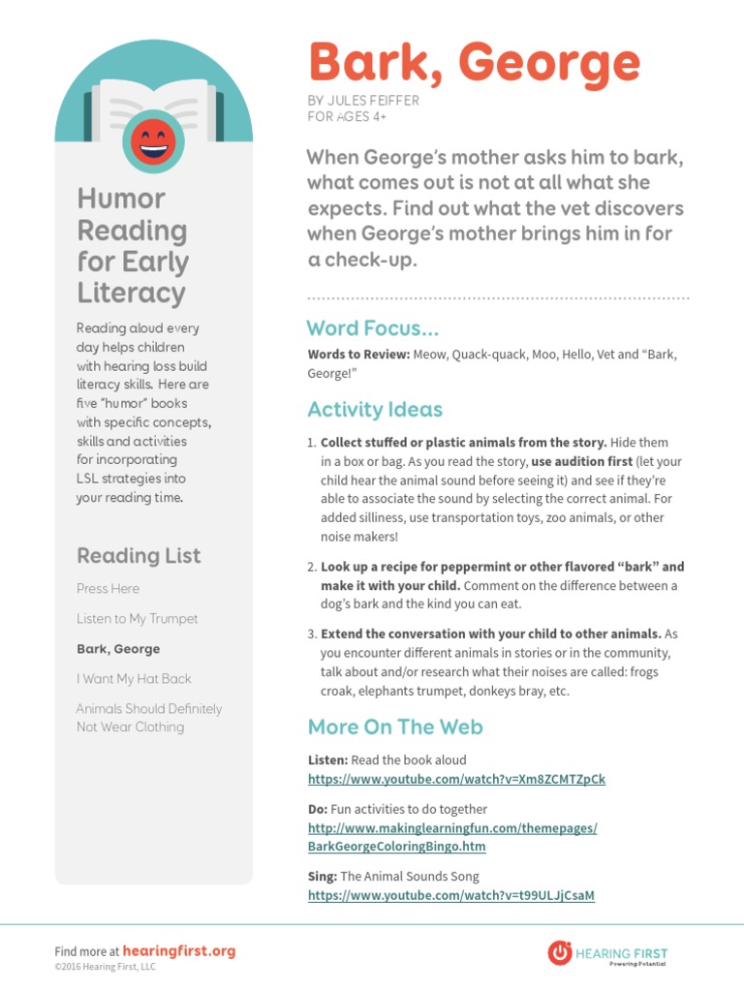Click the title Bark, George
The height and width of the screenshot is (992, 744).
474,64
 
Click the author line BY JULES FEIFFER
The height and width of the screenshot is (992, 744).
363,102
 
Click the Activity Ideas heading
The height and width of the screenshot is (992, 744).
375,409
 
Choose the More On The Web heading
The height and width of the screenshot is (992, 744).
394,727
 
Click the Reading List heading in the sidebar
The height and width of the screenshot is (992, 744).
139,555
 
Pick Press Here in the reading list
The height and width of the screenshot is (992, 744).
108,588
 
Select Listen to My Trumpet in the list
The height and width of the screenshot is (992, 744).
137,618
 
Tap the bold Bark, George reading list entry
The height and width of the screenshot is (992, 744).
118,649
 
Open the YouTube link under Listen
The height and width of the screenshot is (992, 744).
456,779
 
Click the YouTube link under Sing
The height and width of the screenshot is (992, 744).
450,896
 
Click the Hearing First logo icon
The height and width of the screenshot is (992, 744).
559,951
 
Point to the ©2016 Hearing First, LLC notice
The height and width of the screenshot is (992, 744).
105,967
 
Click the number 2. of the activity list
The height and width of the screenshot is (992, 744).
312,567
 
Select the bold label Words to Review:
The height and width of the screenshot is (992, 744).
357,355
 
